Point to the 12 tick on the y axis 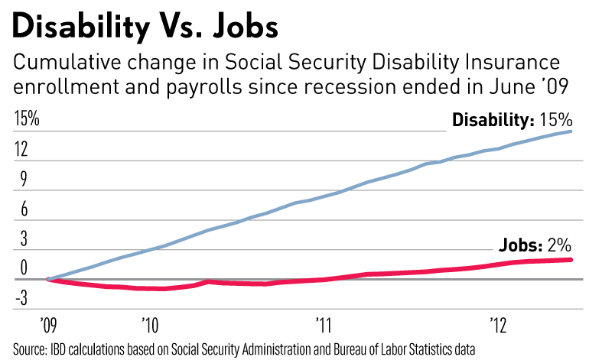click(x=21, y=150)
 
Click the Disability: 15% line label click(x=511, y=120)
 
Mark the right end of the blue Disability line click(x=571, y=131)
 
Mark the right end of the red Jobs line click(x=571, y=260)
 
